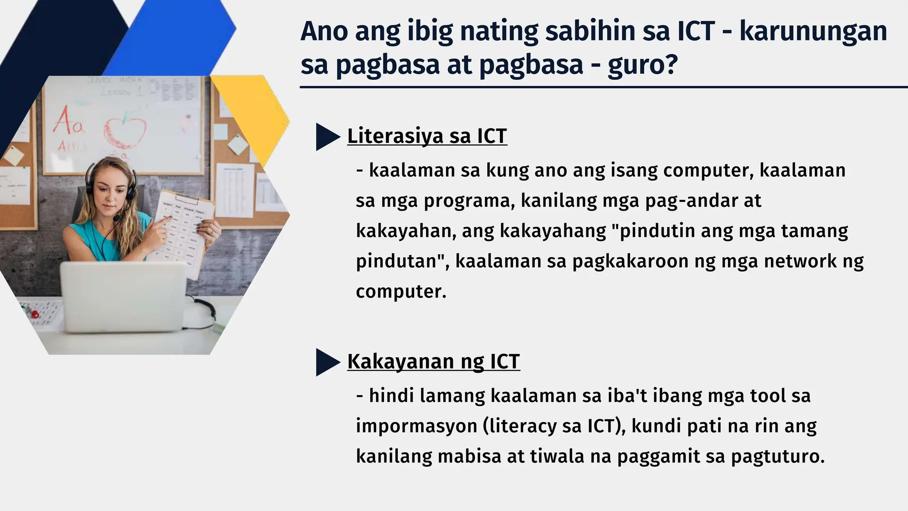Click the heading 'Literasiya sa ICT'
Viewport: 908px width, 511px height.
(427, 136)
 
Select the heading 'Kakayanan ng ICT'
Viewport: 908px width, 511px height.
(433, 362)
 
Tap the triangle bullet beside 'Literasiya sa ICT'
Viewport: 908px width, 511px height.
(326, 137)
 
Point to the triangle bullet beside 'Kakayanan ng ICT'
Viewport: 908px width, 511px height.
(326, 362)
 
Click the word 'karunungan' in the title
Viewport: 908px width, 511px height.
(813, 32)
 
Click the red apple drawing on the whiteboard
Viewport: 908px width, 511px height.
(125, 130)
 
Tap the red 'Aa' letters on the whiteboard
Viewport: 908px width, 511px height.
(68, 121)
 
